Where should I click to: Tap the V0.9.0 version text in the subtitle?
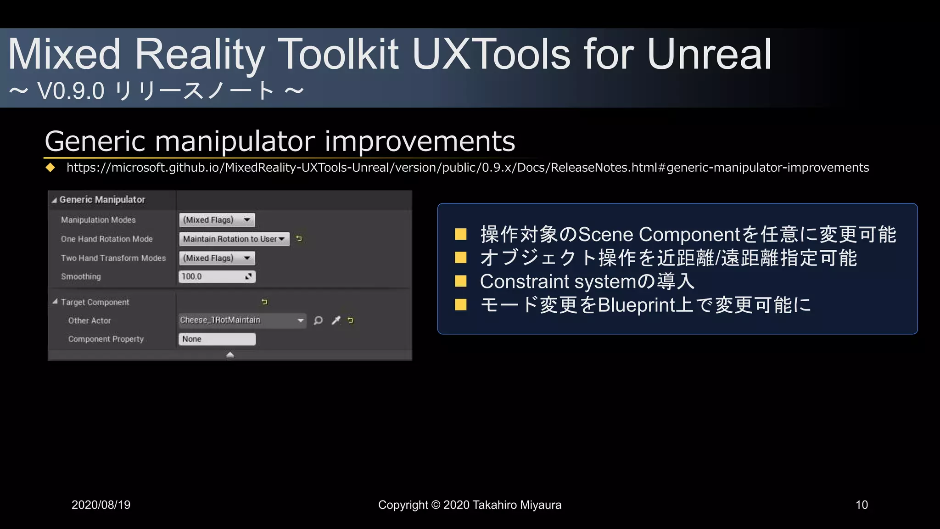click(x=71, y=90)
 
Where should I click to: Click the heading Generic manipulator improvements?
click(x=280, y=141)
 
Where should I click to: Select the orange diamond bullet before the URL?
click(x=50, y=168)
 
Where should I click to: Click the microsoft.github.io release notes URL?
click(x=467, y=168)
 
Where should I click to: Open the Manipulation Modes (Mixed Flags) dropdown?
click(x=217, y=220)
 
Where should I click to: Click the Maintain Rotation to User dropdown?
click(x=234, y=239)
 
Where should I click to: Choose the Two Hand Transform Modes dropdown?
click(x=217, y=258)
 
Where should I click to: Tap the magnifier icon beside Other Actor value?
click(x=318, y=320)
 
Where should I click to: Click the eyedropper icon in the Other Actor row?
click(x=336, y=320)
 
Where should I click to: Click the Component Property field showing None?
click(x=217, y=339)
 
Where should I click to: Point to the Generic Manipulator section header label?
click(x=102, y=200)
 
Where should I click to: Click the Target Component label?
click(x=95, y=302)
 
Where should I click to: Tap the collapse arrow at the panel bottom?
click(x=230, y=355)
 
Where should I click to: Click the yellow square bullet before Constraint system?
click(x=460, y=281)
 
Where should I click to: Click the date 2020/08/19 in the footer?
click(x=101, y=505)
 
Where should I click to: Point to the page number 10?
click(x=862, y=505)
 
